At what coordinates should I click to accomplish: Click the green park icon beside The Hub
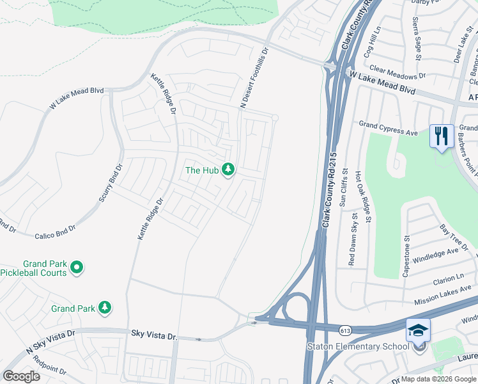(229, 170)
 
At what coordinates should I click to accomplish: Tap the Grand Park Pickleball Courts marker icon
(77, 268)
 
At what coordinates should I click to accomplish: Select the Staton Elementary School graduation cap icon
(419, 331)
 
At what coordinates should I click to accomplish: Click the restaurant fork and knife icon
(442, 136)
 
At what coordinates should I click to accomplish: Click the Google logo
(21, 376)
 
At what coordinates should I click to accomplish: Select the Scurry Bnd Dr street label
(109, 184)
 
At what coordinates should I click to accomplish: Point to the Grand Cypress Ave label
(388, 128)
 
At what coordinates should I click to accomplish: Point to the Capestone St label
(406, 256)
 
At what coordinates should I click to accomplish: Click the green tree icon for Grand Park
(105, 308)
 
